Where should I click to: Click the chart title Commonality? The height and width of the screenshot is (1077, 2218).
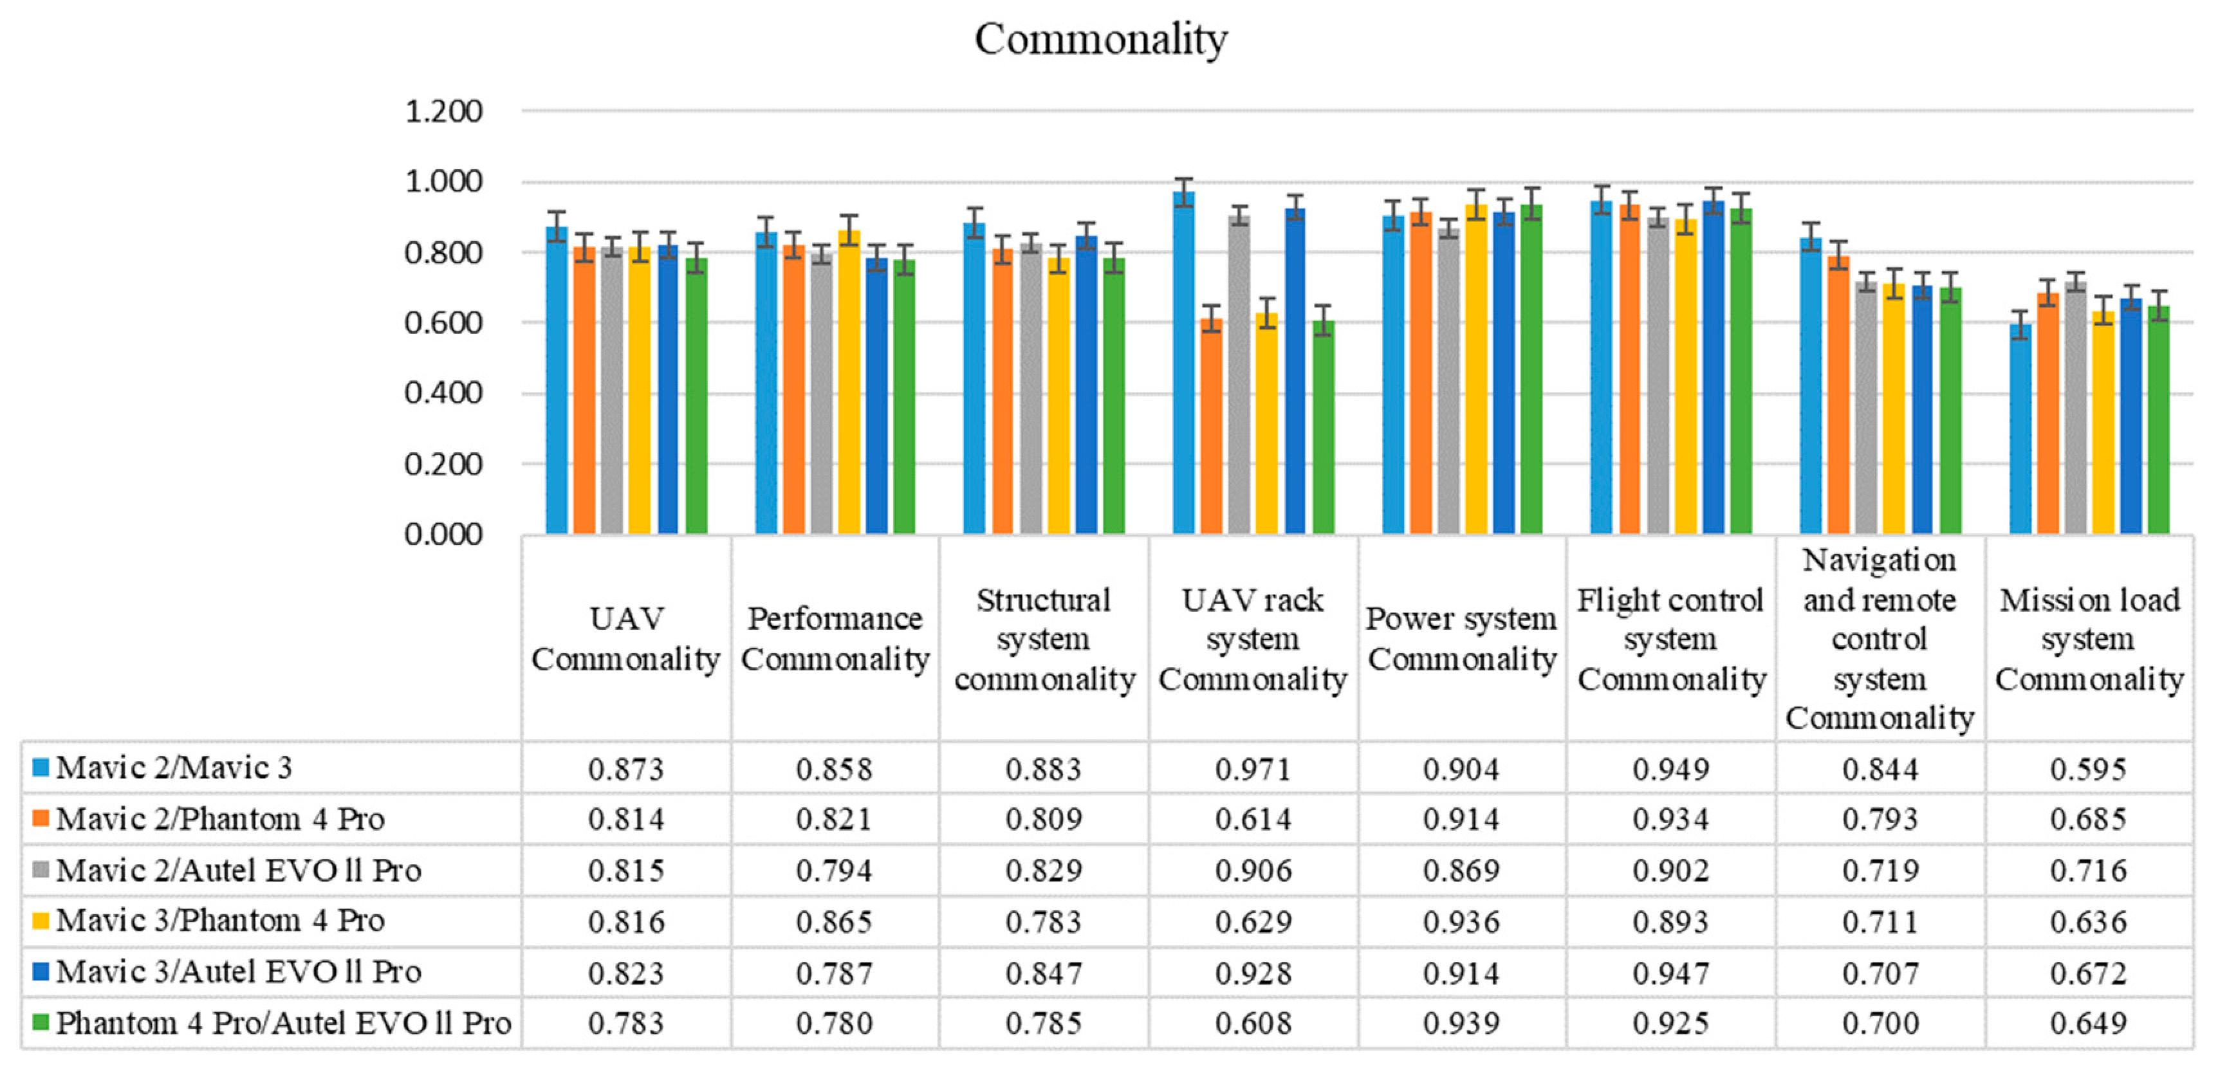pyautogui.click(x=1100, y=39)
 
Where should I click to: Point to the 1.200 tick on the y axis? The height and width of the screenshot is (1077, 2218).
pyautogui.click(x=443, y=112)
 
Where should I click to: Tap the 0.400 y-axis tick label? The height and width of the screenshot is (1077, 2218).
pyautogui.click(x=443, y=394)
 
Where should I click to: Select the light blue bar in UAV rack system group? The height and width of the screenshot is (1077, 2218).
pyautogui.click(x=1184, y=362)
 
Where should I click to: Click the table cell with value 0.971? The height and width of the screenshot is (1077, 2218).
pyautogui.click(x=1253, y=769)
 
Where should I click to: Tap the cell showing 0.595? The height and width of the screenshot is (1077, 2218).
pyautogui.click(x=2088, y=769)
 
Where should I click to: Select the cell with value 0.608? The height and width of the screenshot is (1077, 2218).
pyautogui.click(x=1253, y=1023)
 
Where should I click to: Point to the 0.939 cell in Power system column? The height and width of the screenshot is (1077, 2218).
pyautogui.click(x=1461, y=1023)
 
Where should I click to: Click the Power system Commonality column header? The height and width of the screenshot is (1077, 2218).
pyautogui.click(x=1461, y=639)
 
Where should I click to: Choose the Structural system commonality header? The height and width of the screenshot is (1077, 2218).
pyautogui.click(x=1044, y=639)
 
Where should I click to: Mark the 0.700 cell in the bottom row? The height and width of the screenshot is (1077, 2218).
pyautogui.click(x=1880, y=1023)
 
